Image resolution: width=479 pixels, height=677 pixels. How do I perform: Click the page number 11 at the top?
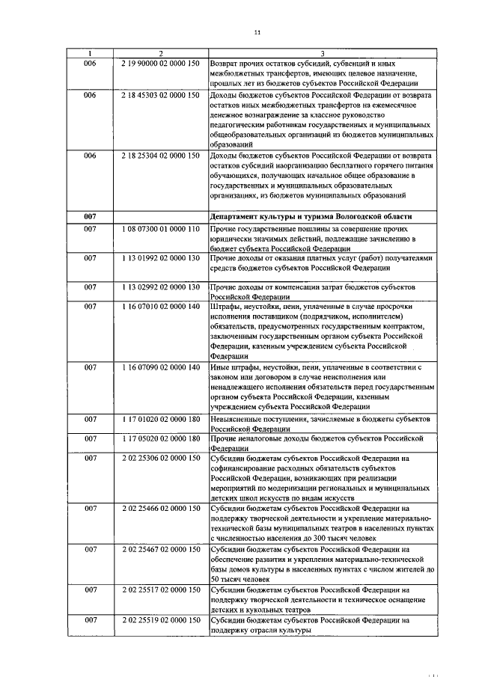point(257,32)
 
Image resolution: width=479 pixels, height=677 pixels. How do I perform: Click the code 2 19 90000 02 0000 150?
point(160,64)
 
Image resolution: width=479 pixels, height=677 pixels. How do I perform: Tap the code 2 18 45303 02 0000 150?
point(160,95)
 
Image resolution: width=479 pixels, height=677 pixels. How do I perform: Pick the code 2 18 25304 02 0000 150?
point(160,156)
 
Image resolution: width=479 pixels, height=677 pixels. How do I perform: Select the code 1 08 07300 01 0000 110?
point(160,227)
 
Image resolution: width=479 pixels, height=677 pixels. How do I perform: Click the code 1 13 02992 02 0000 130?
point(160,287)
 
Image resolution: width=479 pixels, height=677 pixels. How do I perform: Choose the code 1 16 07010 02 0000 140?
point(160,307)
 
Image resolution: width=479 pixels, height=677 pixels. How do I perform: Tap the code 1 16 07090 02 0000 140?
point(160,367)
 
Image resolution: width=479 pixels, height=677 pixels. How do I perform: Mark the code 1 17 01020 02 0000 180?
point(160,419)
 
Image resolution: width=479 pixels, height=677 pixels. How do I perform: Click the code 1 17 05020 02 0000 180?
point(160,438)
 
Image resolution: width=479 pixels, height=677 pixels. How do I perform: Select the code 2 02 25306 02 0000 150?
point(160,457)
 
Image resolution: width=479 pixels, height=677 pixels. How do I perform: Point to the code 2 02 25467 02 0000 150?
point(160,549)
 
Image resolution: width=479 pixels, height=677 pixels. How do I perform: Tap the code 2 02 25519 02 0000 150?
point(160,620)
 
